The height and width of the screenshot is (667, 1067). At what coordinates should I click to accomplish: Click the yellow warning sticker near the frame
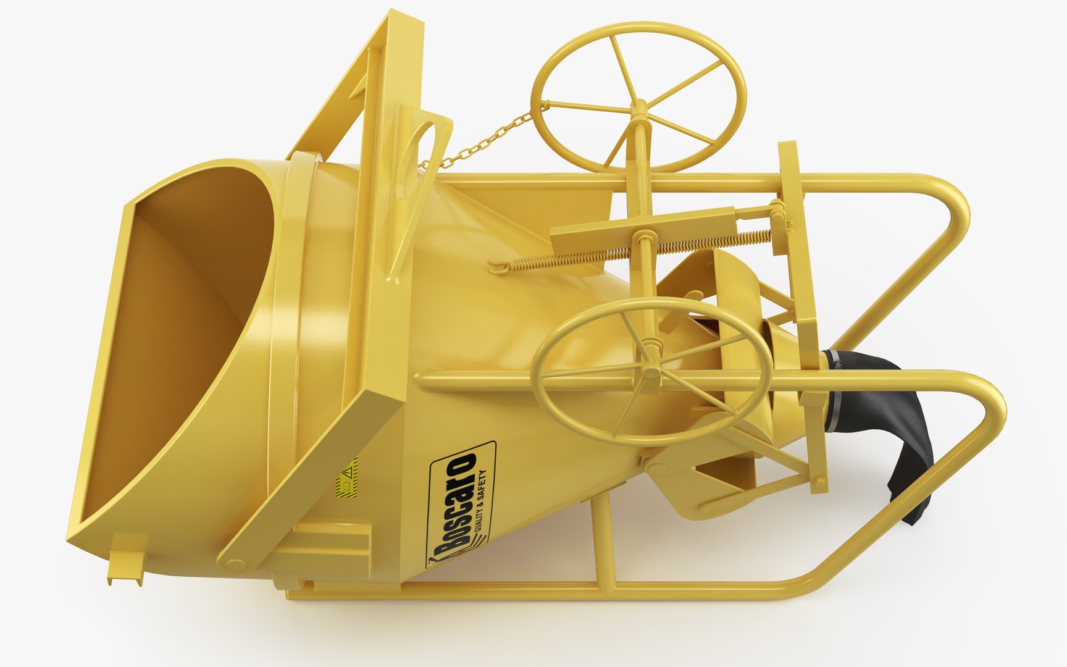(347, 477)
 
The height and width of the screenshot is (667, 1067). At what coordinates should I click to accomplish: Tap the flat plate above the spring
(642, 222)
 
